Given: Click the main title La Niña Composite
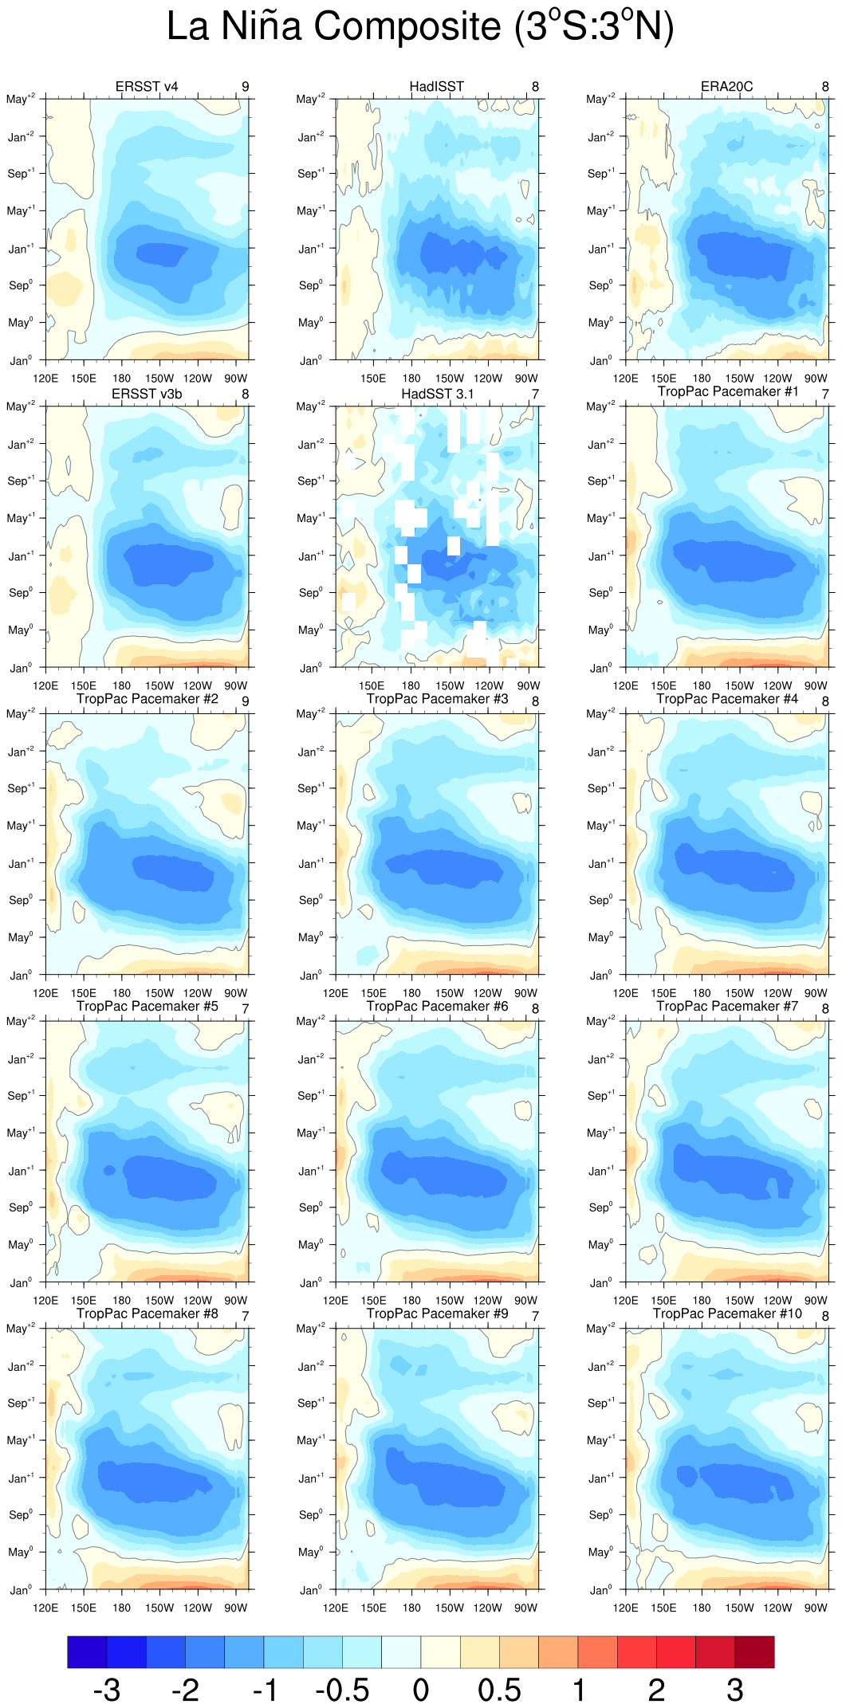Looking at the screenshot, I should pos(420,26).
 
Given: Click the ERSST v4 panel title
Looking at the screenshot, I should pos(147,86).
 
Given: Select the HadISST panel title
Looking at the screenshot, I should pos(436,86).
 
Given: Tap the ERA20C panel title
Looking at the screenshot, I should pos(726,86).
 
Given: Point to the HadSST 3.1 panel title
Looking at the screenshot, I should pos(437,394).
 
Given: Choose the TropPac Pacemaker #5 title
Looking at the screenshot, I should pos(147,1006).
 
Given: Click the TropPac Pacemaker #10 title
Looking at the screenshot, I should pos(727,1313).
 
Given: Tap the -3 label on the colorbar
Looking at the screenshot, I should pos(107,1689).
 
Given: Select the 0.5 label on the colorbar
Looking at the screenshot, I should pos(499,1689).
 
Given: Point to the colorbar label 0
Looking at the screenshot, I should pos(421,1689).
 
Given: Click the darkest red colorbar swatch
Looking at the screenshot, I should pos(754,1651).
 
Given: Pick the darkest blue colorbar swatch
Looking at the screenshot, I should pos(87,1651).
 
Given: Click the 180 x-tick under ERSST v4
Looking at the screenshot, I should pos(121,379).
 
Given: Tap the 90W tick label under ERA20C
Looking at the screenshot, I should pos(816,379).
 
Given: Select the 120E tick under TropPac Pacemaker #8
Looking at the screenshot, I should pos(45,1608).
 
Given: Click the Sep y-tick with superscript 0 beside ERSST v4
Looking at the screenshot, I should pos(20,285).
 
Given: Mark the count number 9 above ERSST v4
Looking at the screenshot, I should pos(246,86).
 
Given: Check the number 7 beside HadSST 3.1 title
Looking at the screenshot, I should pos(536,394).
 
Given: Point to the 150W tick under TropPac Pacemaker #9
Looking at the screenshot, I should pos(450,1608).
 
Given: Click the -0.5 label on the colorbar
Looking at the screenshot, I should pos(342,1689).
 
